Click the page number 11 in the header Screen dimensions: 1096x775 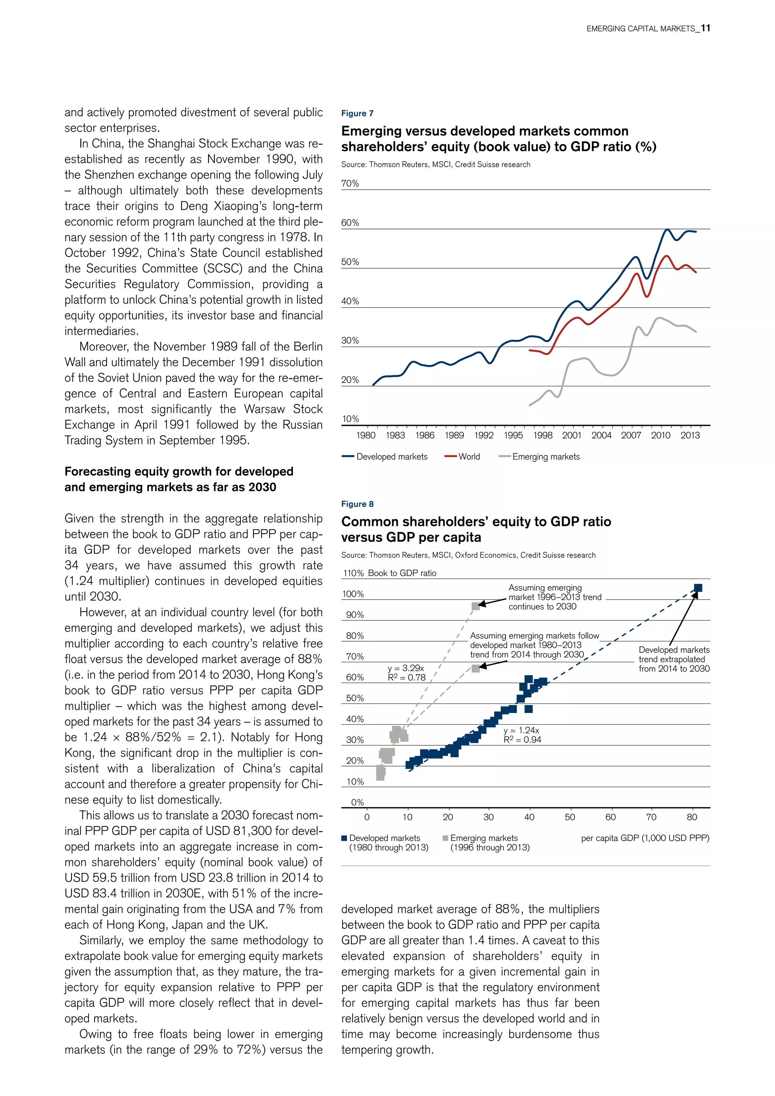(705, 28)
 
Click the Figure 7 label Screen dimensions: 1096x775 (357, 113)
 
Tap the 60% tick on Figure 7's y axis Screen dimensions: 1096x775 (350, 223)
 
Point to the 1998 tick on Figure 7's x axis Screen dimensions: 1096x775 (543, 435)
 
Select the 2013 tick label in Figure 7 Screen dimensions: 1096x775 (689, 435)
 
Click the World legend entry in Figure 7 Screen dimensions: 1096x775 (468, 457)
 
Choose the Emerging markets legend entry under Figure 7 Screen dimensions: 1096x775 (545, 457)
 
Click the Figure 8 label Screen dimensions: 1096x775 (357, 504)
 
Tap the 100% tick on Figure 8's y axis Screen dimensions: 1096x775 (353, 594)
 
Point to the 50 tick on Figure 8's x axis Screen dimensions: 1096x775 (570, 817)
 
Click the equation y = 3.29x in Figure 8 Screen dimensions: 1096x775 (406, 668)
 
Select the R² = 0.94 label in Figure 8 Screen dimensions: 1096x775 (522, 740)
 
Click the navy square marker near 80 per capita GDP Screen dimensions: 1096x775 (698, 588)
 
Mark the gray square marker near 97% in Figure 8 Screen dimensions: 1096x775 (475, 606)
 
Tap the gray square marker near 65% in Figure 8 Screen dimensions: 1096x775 (475, 668)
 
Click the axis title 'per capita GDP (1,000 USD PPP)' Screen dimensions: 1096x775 (645, 838)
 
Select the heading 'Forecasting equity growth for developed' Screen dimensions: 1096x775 (179, 472)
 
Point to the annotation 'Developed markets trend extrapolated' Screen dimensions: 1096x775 (674, 659)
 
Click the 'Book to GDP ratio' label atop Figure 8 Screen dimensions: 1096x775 (402, 573)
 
